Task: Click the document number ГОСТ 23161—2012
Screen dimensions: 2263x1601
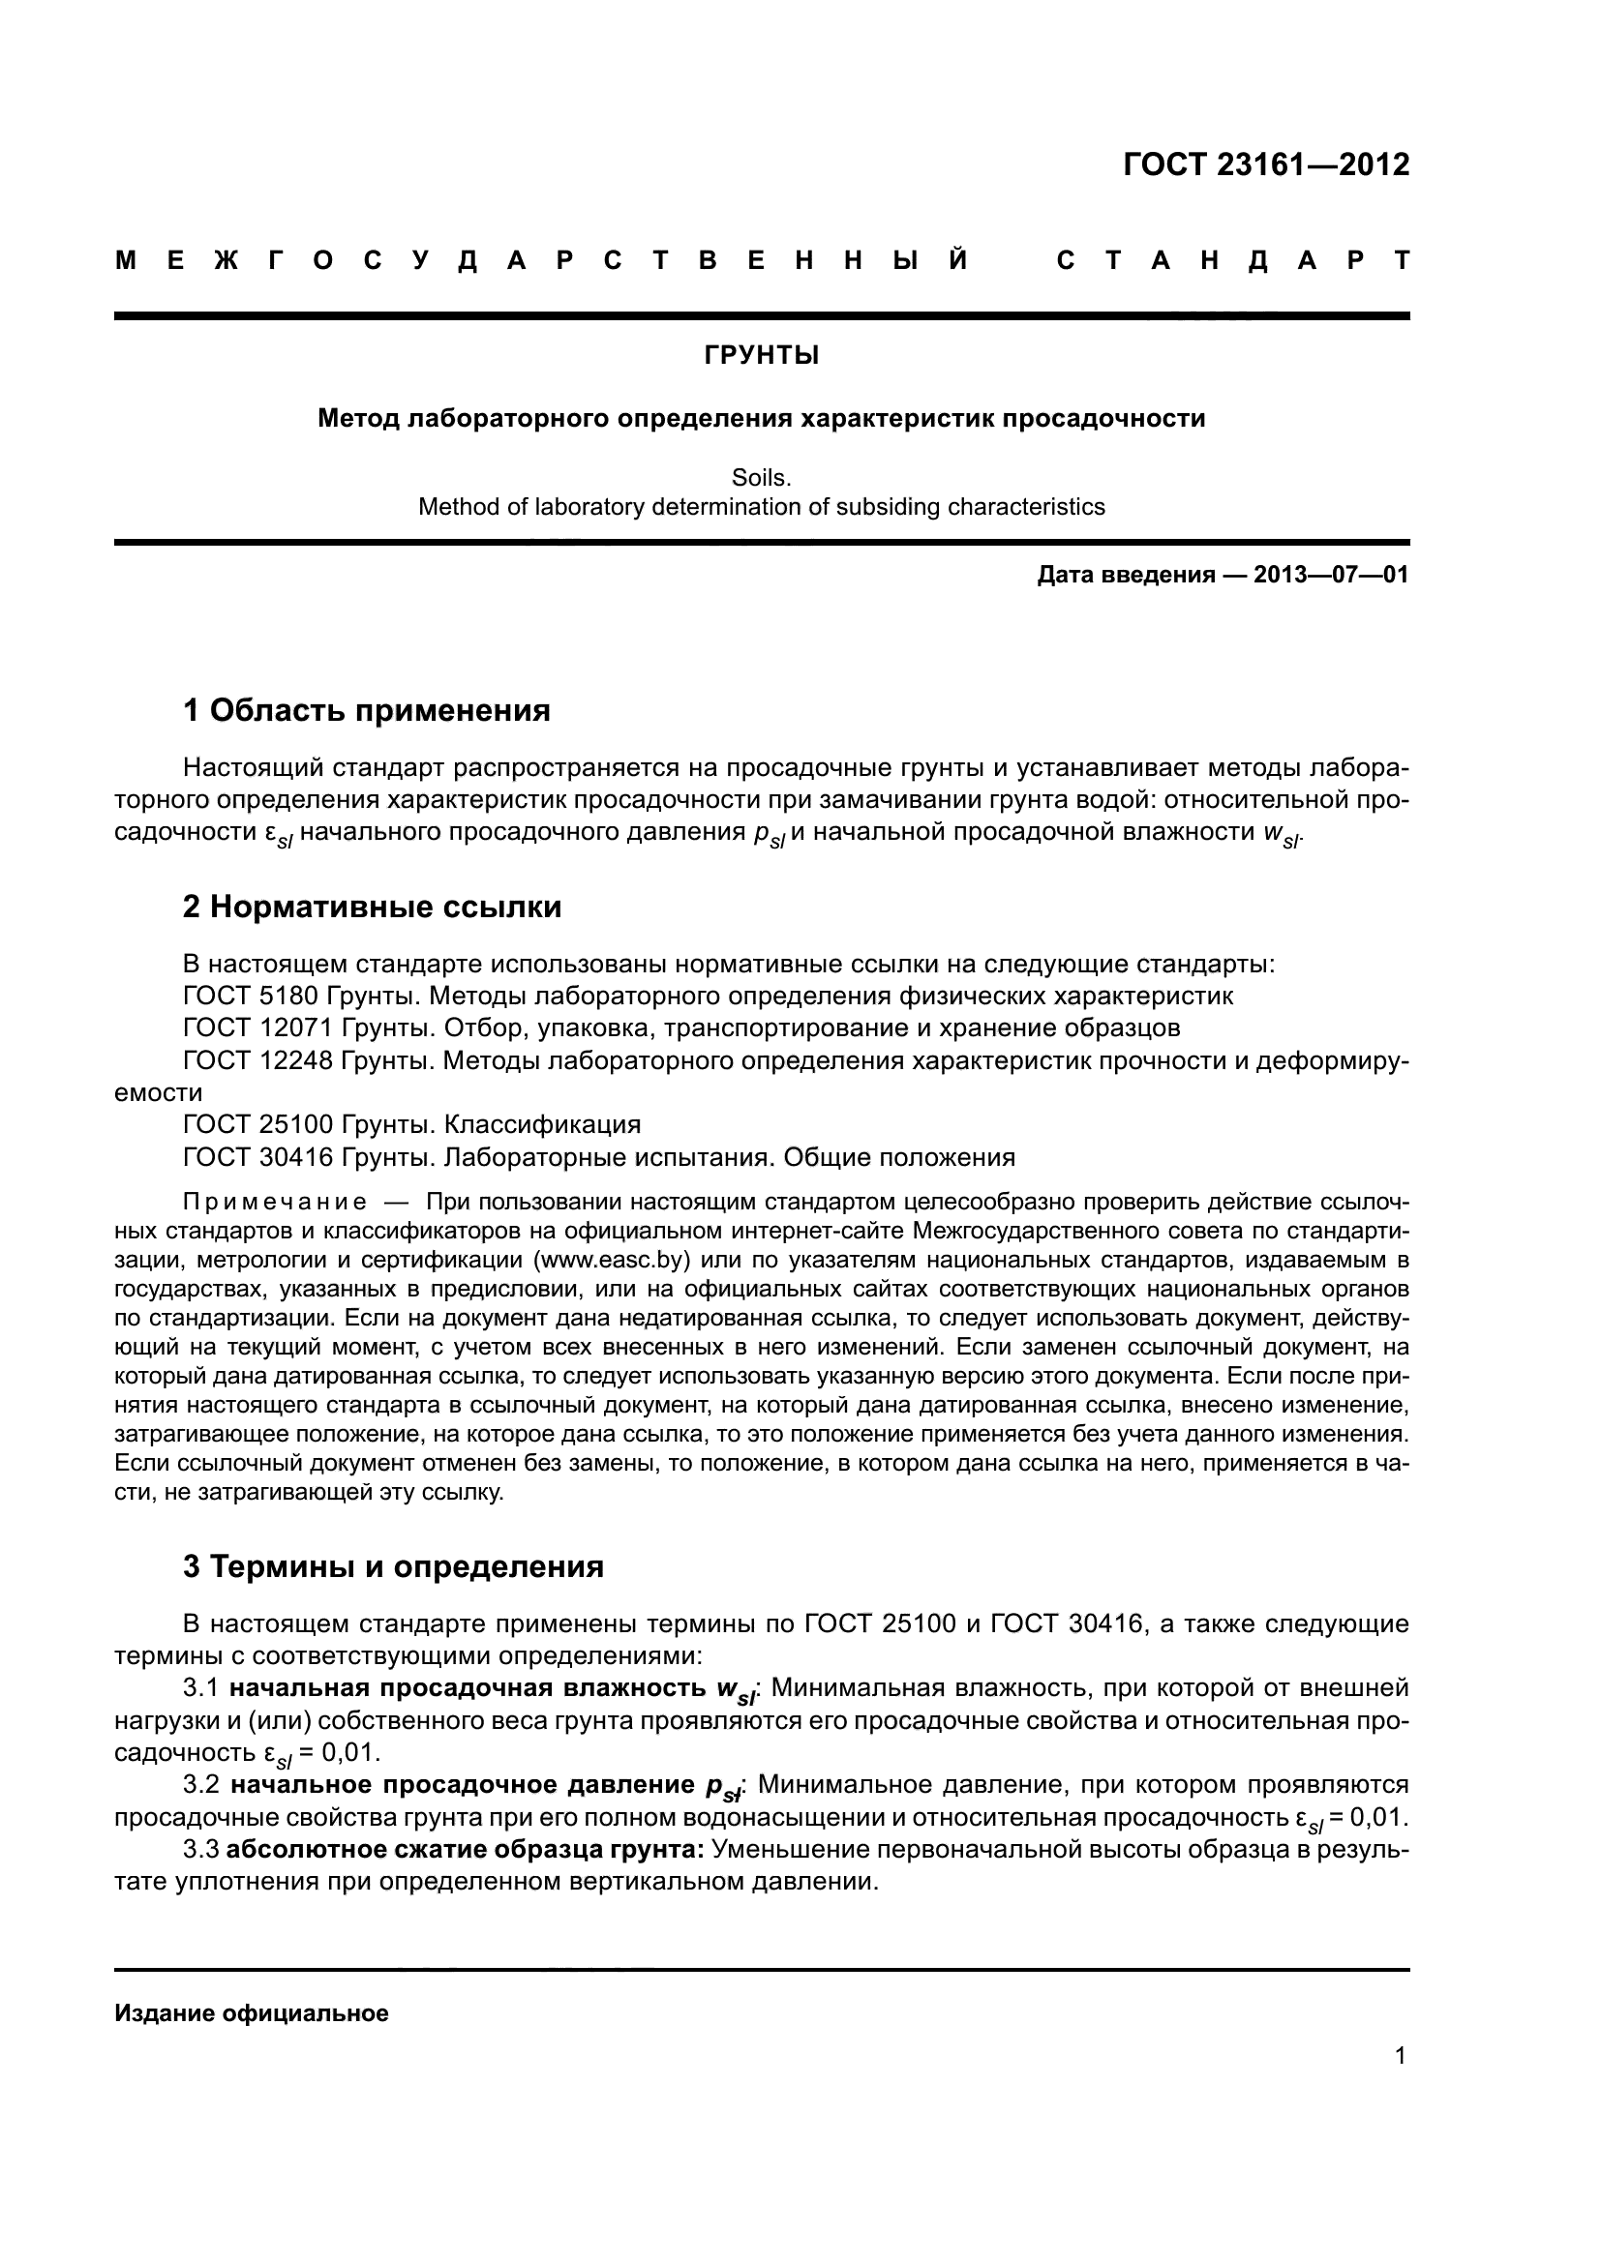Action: (1266, 164)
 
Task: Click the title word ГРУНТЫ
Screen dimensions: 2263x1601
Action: (761, 356)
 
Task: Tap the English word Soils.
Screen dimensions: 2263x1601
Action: (761, 478)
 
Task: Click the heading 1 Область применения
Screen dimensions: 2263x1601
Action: (366, 709)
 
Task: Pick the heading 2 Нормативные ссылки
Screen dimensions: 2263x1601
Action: (372, 907)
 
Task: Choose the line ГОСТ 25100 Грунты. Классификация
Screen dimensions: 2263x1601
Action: (411, 1124)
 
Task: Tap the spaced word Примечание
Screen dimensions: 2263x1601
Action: (275, 1203)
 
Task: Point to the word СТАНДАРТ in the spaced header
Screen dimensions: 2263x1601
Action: (1232, 261)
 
